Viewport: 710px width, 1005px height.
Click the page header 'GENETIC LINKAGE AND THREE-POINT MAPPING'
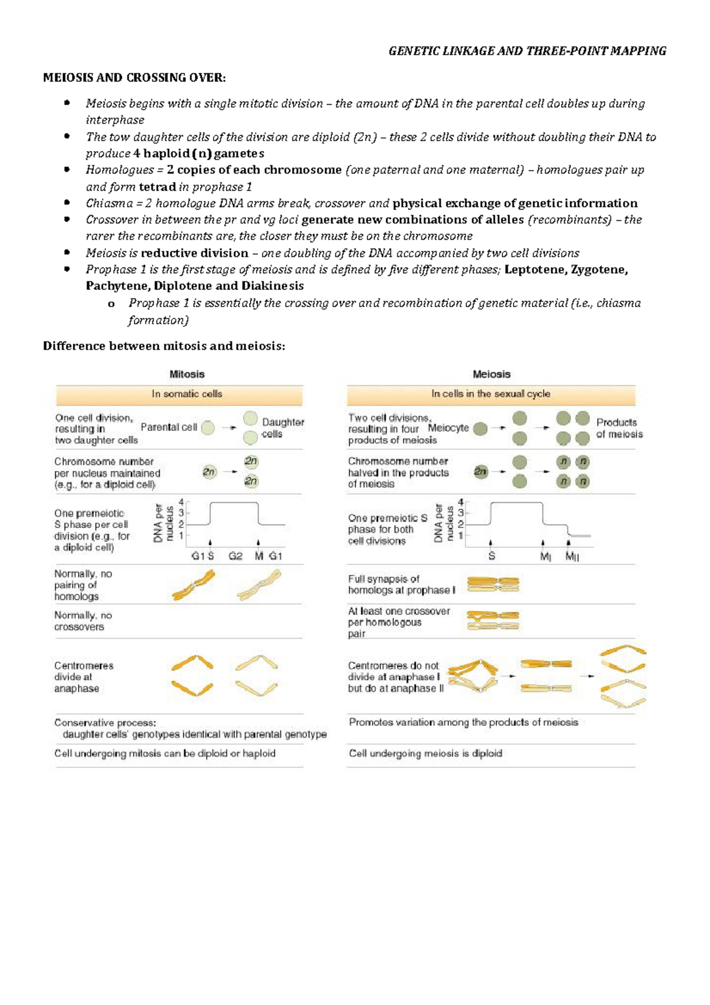click(527, 51)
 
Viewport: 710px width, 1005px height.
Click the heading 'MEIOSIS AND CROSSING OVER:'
click(134, 78)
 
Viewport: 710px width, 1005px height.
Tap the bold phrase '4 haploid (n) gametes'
click(198, 153)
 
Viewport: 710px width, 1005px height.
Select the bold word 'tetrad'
click(157, 187)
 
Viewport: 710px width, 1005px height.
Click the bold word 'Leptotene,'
click(535, 270)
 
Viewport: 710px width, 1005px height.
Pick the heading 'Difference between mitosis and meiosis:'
click(164, 346)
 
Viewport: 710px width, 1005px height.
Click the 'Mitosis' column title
click(187, 374)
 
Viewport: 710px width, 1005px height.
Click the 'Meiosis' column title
click(491, 374)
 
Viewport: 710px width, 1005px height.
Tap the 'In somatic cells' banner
click(187, 394)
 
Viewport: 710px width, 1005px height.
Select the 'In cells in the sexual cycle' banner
click(490, 394)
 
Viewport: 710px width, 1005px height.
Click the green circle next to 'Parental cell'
click(208, 428)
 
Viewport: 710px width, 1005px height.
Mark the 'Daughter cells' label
click(282, 428)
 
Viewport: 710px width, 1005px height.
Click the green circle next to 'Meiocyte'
click(480, 429)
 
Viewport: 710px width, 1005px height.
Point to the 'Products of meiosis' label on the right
click(619, 428)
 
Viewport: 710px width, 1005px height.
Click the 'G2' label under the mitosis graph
click(235, 556)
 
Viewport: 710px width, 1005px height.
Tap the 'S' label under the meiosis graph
click(492, 556)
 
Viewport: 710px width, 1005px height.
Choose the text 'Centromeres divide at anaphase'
click(83, 677)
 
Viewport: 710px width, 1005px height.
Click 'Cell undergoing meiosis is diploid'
click(425, 753)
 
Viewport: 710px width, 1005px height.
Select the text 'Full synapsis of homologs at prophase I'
click(402, 585)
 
